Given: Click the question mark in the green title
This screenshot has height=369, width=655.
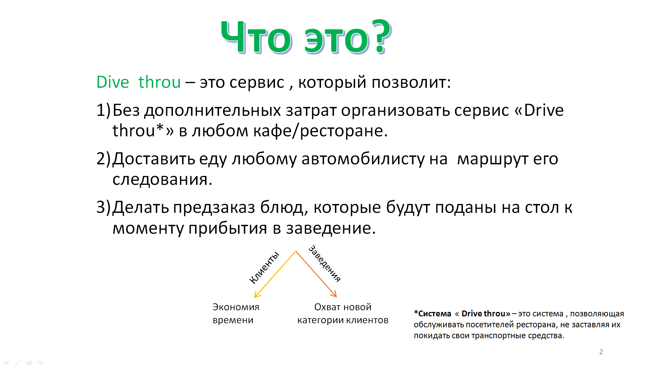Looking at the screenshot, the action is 381,36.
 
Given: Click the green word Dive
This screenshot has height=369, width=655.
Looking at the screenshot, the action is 113,82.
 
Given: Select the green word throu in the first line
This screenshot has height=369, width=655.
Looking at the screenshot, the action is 159,82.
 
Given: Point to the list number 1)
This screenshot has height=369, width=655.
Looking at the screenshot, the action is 103,110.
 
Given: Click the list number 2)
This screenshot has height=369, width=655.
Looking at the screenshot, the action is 103,159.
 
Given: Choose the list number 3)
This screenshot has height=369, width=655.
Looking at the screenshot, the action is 103,207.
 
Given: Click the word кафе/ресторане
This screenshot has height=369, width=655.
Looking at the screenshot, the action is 344,131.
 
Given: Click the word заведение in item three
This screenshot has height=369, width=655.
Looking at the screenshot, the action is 331,228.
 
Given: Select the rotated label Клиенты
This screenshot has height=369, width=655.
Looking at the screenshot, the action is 264,268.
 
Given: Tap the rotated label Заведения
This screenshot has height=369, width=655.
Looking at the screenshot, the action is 324,263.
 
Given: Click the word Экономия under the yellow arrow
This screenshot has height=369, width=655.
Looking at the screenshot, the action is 236,307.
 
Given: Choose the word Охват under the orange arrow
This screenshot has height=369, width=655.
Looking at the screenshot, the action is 328,307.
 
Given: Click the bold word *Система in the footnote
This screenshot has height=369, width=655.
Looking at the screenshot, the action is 433,314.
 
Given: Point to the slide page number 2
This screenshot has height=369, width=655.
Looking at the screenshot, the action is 601,352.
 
